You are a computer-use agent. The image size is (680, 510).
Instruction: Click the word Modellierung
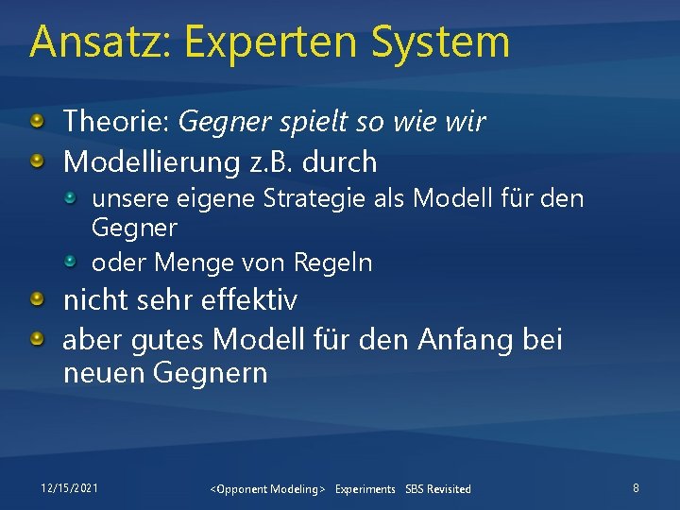(150, 162)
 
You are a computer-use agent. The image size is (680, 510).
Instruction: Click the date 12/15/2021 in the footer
(69, 488)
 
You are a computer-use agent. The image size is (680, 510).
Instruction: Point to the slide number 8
(636, 488)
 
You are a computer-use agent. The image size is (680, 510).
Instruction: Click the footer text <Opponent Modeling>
(268, 489)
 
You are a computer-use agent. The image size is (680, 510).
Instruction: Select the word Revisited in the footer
(449, 489)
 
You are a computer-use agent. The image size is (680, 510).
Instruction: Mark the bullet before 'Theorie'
(37, 121)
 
